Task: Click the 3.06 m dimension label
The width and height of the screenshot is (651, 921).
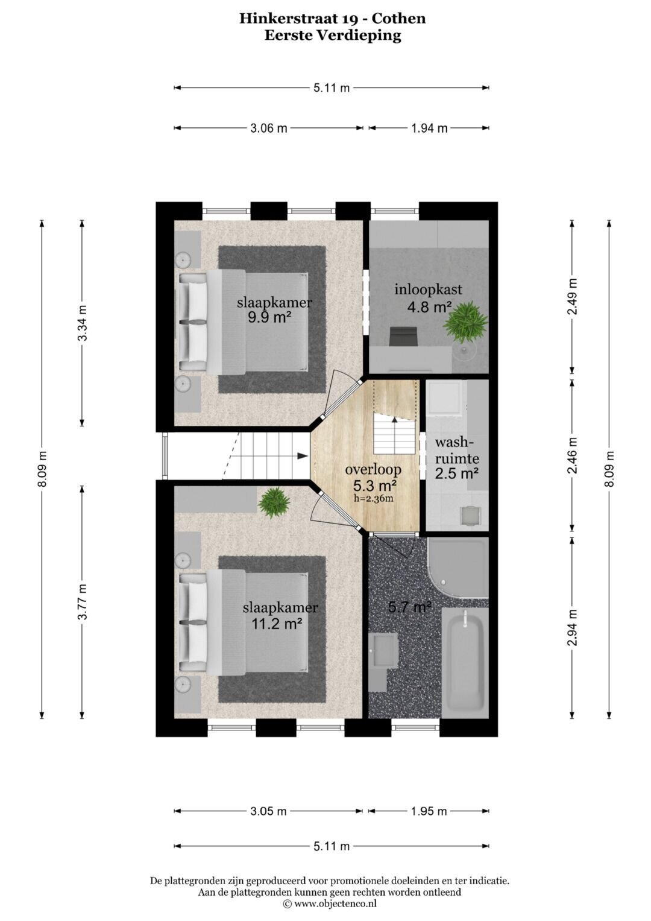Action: [269, 128]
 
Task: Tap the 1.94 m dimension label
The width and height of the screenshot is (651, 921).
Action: [429, 128]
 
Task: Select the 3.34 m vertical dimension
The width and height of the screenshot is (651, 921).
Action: [82, 323]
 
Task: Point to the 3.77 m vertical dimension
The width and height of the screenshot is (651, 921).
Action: [82, 601]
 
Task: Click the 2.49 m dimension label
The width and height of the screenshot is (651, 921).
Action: [572, 297]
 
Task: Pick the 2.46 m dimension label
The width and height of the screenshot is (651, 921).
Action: [572, 455]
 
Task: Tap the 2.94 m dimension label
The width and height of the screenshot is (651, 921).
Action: [572, 627]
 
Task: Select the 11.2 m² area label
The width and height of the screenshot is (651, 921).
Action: [277, 624]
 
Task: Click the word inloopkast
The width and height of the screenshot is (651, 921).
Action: [428, 290]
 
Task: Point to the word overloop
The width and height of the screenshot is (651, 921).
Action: [373, 470]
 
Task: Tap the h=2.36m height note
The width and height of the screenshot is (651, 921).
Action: [374, 499]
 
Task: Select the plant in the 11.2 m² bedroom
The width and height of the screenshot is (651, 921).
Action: [274, 502]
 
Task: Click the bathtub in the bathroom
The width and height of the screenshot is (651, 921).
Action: [465, 663]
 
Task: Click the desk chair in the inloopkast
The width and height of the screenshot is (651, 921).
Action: [403, 337]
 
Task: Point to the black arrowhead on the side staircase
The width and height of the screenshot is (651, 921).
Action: [303, 455]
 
